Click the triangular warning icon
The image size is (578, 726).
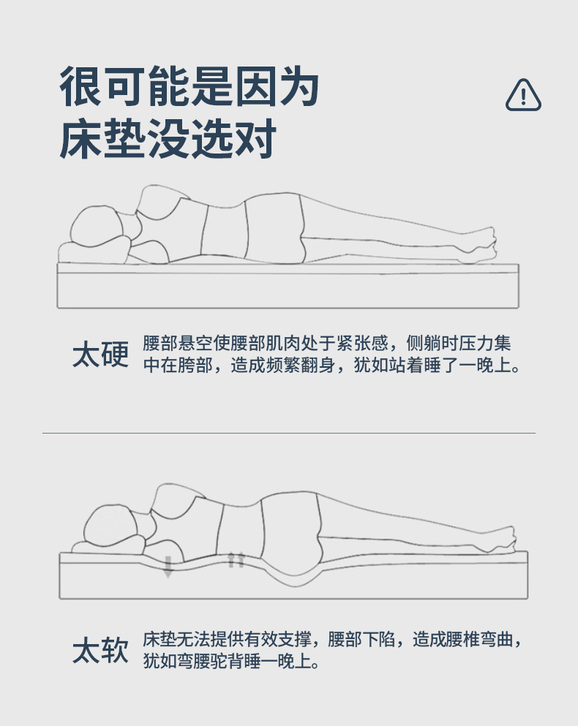tap(523, 95)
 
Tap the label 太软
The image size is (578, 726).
tap(100, 650)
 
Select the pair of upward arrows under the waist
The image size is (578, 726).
tap(236, 560)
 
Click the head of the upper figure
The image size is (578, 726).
tap(97, 226)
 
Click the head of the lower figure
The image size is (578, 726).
tap(111, 525)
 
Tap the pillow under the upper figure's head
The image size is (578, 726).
tap(93, 252)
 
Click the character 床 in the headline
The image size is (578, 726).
tap(80, 139)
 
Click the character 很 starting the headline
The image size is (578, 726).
tap(80, 86)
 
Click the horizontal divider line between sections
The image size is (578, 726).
tap(289, 433)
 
